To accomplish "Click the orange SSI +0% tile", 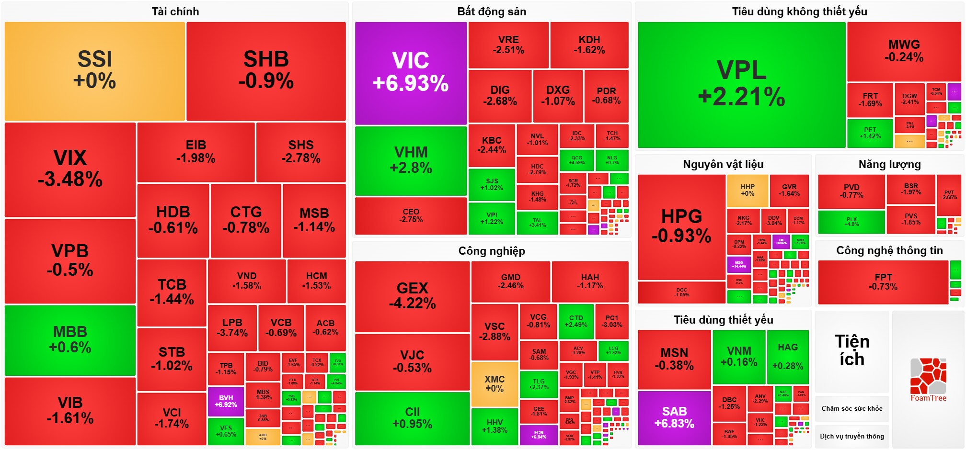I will [94, 71].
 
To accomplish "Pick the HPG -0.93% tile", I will [681, 226].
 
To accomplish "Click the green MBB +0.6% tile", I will [70, 340].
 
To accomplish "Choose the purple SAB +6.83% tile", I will [674, 418].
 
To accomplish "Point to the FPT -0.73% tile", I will [883, 282].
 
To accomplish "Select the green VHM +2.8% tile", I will [411, 160].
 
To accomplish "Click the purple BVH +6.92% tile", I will [226, 401].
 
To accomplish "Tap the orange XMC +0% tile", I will [494, 384].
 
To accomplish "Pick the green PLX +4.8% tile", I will [851, 222].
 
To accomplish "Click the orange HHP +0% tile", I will [747, 190].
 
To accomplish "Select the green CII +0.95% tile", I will [412, 418].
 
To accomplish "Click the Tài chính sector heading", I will [175, 11].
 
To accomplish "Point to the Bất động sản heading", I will [492, 11].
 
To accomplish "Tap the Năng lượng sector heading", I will [889, 164].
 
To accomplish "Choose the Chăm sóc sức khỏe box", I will [852, 408].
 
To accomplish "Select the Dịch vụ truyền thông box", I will [852, 436].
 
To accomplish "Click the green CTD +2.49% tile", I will [576, 321].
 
